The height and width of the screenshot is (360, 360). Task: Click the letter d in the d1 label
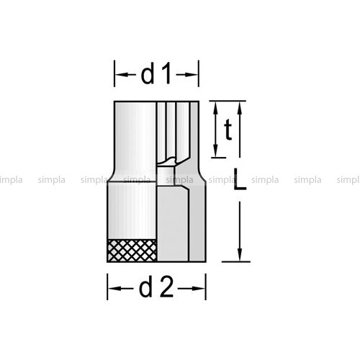(148, 73)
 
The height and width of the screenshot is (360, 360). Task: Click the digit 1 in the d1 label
(166, 73)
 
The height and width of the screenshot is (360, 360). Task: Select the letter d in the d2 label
(145, 287)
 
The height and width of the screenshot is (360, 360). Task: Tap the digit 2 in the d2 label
(166, 287)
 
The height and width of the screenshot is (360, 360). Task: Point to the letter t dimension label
(228, 130)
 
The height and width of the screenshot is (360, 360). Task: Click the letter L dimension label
(240, 179)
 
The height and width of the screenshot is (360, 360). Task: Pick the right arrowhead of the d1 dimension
(193, 75)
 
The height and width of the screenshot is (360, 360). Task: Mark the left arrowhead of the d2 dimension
(113, 288)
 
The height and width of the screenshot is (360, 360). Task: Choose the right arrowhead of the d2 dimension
(200, 288)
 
